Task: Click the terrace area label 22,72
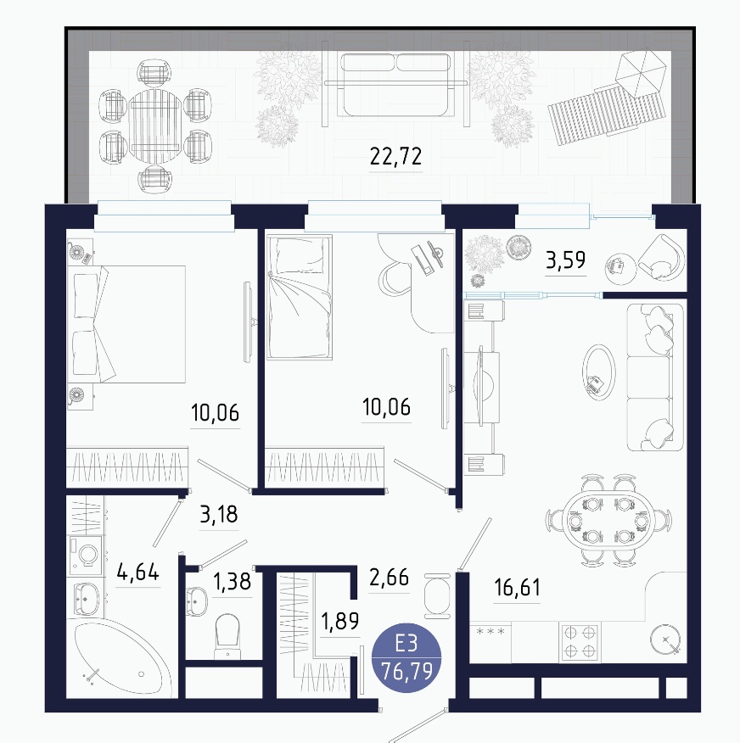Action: [x=395, y=156]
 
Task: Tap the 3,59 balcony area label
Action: [x=565, y=260]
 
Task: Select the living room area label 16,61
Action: [x=517, y=588]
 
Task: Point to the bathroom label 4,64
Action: [x=138, y=572]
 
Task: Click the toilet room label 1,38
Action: [x=233, y=581]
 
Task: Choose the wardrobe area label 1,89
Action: [x=340, y=621]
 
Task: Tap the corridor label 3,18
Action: [x=219, y=514]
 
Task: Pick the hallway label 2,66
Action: [x=389, y=578]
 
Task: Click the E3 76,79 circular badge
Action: [x=406, y=657]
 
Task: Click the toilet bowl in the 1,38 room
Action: [x=227, y=635]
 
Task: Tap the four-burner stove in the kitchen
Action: [x=580, y=642]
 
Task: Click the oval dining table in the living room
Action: [x=608, y=521]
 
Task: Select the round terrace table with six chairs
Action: [x=155, y=126]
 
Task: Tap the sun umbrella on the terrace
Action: [x=641, y=72]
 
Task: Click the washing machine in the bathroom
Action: [x=86, y=552]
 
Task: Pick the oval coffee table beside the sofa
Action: [x=599, y=371]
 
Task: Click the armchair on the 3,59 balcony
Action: [x=661, y=258]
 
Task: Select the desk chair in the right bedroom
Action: [x=395, y=280]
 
